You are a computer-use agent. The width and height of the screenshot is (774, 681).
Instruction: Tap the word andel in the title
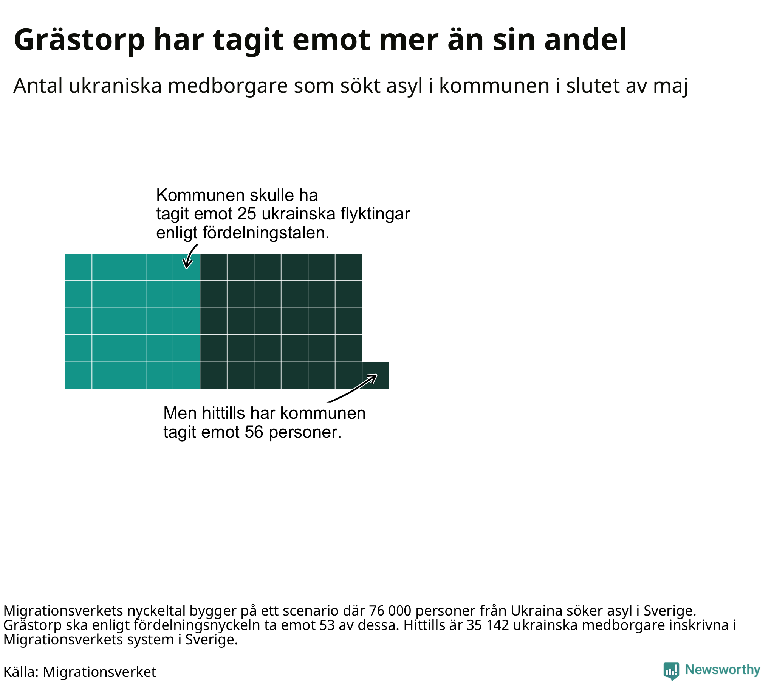585,39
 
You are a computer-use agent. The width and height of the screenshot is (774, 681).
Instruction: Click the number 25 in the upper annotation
246,214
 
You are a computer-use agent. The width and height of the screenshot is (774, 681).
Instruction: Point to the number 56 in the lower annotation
254,432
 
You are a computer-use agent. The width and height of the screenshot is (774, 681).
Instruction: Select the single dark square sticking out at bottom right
376,375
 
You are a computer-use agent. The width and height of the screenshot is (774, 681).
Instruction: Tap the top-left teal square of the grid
78,267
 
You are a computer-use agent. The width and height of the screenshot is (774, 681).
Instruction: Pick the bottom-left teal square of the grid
78,375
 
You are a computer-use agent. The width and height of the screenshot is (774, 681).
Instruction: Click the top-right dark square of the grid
348,267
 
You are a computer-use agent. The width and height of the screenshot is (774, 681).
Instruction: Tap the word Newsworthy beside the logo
723,670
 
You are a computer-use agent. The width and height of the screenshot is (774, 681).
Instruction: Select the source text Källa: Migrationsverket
80,672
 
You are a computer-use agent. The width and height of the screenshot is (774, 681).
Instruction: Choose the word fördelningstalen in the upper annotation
266,233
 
